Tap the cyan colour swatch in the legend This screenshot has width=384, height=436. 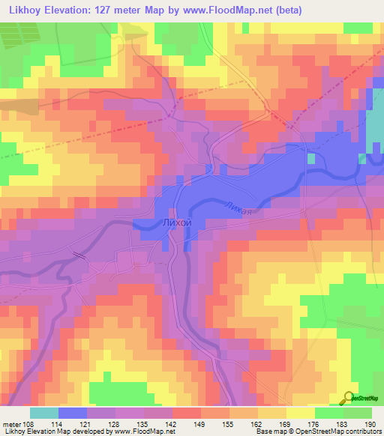(x=43, y=413)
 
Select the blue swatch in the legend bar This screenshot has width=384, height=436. (x=73, y=413)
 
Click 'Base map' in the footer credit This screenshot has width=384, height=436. (x=271, y=432)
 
